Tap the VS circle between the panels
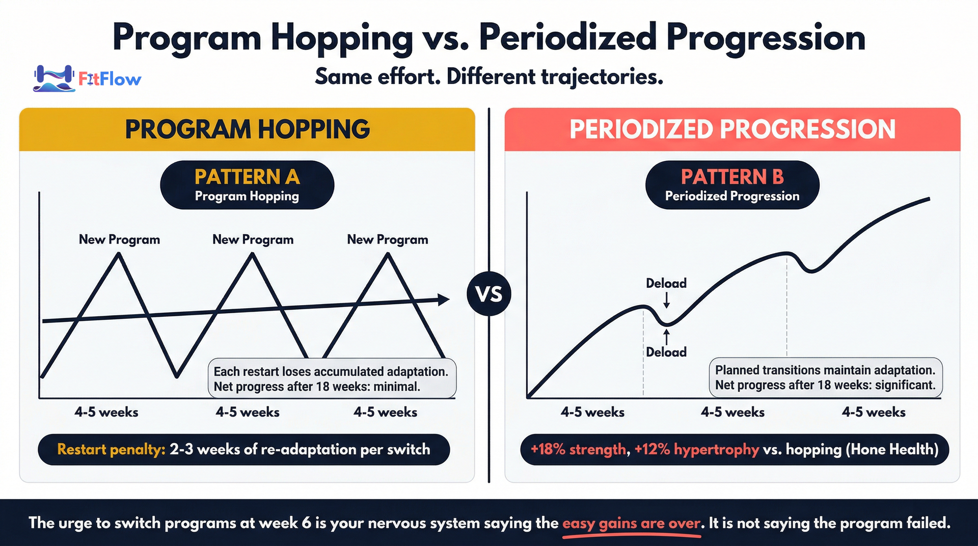(x=489, y=294)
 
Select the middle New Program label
(x=253, y=239)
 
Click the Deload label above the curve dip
(x=666, y=283)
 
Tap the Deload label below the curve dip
(x=666, y=352)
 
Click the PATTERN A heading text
(x=247, y=177)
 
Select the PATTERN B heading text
(x=732, y=177)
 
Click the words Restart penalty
(x=111, y=449)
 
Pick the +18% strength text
(x=578, y=449)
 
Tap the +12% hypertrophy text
(x=696, y=449)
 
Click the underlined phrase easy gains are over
(x=631, y=523)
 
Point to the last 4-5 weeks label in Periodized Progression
(x=874, y=412)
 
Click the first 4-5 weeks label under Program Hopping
(x=106, y=412)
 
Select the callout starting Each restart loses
(x=331, y=379)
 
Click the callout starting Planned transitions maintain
(x=825, y=377)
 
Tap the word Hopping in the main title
(x=341, y=39)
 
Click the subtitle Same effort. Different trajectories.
(x=489, y=77)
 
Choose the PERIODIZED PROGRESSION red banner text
(x=732, y=129)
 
